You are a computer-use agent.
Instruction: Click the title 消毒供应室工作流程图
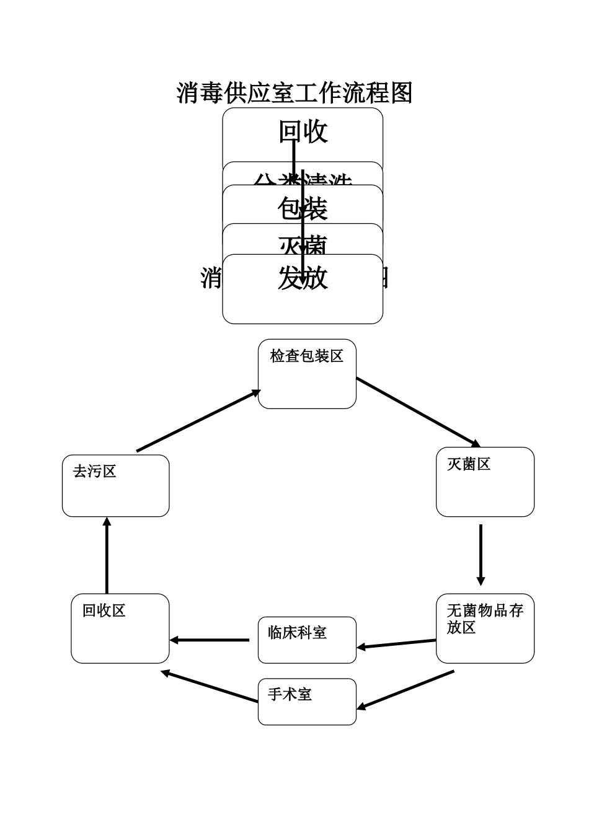(294, 93)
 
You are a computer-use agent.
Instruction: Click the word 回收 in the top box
(303, 131)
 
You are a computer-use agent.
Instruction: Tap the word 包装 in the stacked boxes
(302, 209)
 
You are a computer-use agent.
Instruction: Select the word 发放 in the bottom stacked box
(302, 278)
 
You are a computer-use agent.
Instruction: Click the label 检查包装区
(306, 356)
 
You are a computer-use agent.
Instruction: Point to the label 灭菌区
(469, 464)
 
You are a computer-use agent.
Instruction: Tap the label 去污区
(95, 472)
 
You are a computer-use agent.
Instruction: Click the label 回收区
(104, 611)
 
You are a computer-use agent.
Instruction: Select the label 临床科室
(297, 633)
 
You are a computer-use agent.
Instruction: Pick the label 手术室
(290, 695)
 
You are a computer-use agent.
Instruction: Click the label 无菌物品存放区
(484, 619)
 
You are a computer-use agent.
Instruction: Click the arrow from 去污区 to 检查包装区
(198, 421)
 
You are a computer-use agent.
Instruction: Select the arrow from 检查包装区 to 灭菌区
(418, 412)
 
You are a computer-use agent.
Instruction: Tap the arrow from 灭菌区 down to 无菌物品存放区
(480, 555)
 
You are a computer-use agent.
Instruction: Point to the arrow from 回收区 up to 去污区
(107, 555)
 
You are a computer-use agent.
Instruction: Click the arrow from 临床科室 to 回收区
(210, 640)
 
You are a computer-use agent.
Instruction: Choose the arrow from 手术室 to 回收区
(210, 687)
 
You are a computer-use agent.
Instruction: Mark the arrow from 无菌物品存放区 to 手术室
(406, 689)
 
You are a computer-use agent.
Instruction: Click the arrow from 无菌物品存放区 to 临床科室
(397, 644)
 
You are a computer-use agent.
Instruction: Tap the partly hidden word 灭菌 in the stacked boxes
(302, 246)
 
